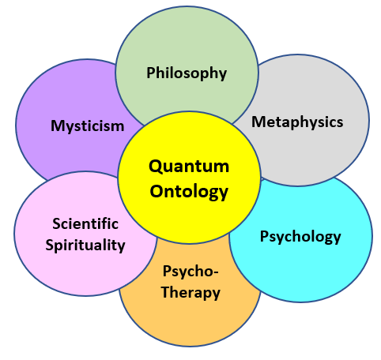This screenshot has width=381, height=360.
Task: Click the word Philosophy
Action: coord(187,73)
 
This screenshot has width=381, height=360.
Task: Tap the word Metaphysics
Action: coord(297,122)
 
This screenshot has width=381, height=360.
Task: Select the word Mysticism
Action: coord(88,126)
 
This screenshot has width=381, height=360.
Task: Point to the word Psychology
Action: coord(300,237)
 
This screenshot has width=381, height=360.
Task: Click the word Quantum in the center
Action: coord(189,167)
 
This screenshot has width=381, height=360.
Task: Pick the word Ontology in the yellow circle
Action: coord(189,192)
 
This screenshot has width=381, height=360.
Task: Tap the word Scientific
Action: coord(85,224)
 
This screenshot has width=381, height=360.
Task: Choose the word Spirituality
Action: coord(85,246)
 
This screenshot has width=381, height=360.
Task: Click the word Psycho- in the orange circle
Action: coord(190,271)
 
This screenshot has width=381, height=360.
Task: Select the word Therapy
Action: coord(190,292)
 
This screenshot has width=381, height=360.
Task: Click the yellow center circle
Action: coord(189,178)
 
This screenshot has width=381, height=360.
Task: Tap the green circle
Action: coord(187,45)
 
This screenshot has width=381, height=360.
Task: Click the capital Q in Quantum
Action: coord(156,167)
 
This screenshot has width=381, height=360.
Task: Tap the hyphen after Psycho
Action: coord(216,272)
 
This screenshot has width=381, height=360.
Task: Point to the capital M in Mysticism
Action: coord(58,126)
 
